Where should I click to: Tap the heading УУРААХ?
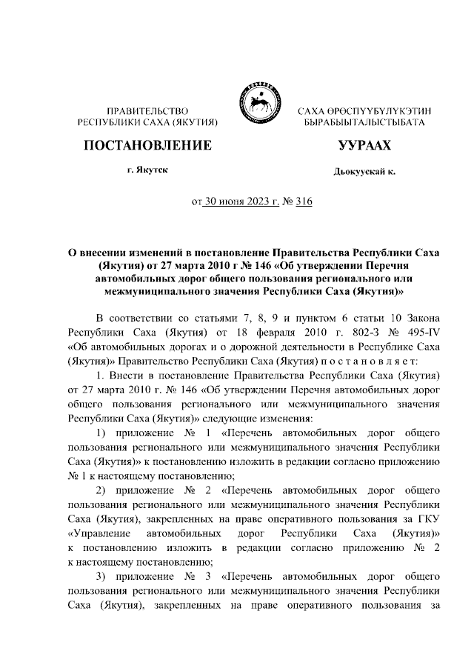(364, 144)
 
